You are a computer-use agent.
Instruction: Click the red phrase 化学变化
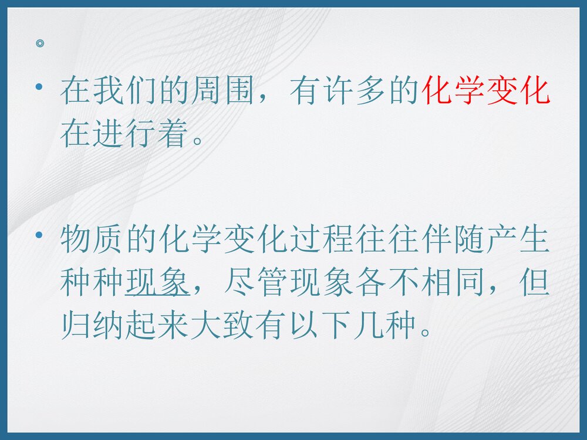[x=487, y=93]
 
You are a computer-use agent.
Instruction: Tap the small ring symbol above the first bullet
[x=39, y=43]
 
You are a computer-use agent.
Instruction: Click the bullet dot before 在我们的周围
[x=39, y=87]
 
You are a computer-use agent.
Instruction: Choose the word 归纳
[x=92, y=327]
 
